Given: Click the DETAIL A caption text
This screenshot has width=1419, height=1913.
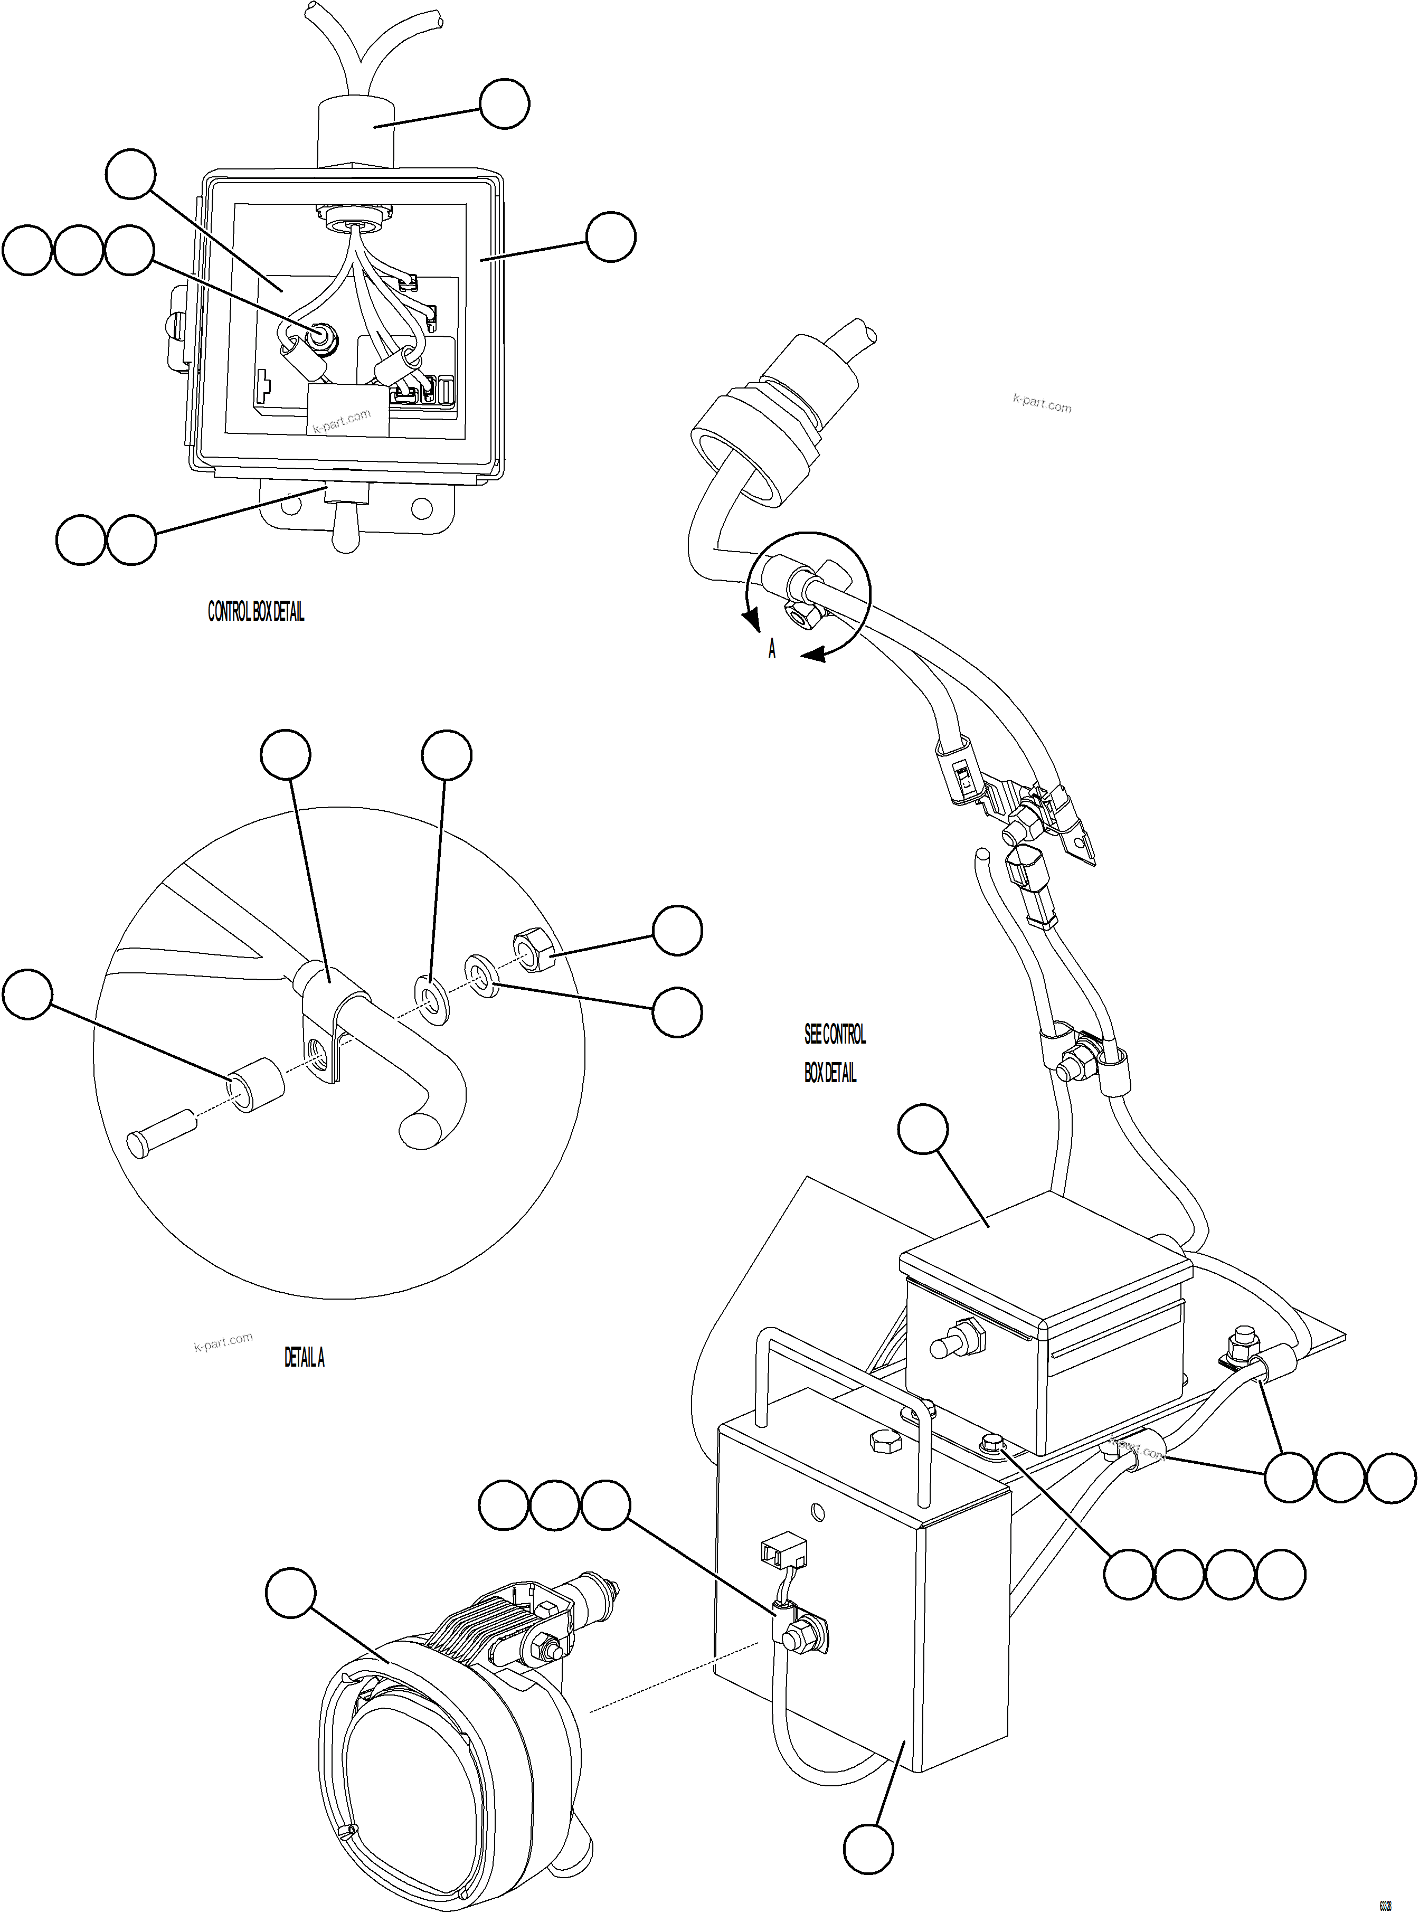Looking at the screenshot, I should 304,1357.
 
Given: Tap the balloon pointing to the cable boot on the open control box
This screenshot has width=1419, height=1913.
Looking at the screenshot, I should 504,104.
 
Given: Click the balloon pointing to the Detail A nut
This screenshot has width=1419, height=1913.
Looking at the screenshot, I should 677,930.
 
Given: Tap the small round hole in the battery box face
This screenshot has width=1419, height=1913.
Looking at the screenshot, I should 817,1510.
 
